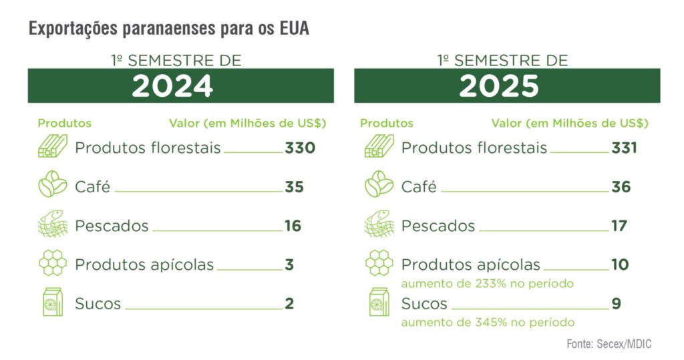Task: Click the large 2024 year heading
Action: tap(172, 86)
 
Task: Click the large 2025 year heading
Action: tap(499, 86)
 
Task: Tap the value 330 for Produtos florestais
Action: tap(299, 148)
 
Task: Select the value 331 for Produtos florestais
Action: tap(624, 148)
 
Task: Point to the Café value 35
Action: tap(294, 186)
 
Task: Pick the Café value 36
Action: tap(621, 186)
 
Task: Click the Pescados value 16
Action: tap(293, 226)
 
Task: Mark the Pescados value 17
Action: tap(619, 226)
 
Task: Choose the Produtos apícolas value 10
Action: tap(620, 264)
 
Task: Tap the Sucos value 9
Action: tap(616, 304)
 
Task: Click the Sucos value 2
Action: tap(289, 304)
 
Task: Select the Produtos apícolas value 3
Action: tap(289, 264)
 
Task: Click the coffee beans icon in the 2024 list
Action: tap(52, 186)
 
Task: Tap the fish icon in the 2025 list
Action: tap(379, 225)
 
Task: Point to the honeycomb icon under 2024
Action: tap(52, 264)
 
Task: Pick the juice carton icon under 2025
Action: tap(379, 302)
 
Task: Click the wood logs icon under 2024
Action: tap(52, 147)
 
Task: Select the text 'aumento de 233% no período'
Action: tap(487, 283)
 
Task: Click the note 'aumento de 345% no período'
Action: tap(487, 322)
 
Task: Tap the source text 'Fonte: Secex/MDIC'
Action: tap(609, 344)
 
